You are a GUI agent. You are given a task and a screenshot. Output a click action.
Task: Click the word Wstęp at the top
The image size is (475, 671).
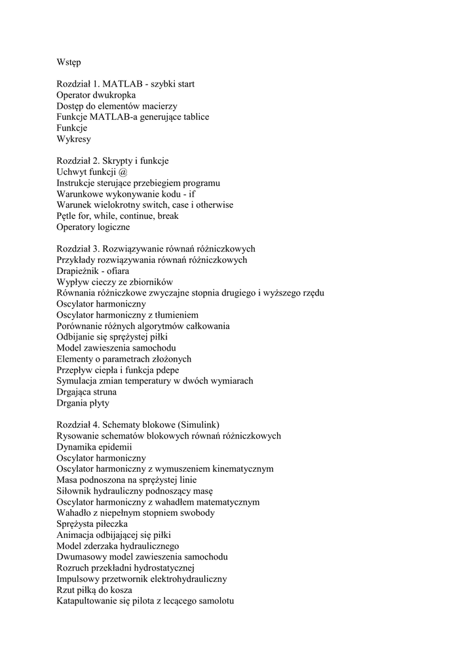point(69,62)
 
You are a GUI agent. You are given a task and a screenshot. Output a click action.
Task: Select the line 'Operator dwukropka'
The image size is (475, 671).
point(96,95)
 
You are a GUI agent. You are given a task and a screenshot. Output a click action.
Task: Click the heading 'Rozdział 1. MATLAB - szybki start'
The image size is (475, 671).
point(125,84)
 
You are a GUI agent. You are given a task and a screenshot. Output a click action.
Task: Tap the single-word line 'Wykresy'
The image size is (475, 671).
point(74,139)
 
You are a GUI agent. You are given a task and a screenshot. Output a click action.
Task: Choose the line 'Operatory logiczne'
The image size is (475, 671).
point(93,227)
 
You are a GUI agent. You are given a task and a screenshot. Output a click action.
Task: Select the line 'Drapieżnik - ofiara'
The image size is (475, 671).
point(93,271)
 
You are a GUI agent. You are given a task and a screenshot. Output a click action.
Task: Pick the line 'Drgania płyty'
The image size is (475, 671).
point(83,403)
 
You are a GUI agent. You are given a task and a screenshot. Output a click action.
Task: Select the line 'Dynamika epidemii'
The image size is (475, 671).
point(94,447)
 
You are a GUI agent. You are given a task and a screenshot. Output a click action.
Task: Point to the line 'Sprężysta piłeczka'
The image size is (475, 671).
point(92,524)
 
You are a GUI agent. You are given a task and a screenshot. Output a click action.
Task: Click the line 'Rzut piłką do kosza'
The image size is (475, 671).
point(95,590)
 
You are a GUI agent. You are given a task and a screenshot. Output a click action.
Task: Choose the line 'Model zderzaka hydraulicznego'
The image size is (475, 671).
point(118,546)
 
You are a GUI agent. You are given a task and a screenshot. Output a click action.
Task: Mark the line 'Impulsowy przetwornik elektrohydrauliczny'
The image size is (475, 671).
point(142,579)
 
